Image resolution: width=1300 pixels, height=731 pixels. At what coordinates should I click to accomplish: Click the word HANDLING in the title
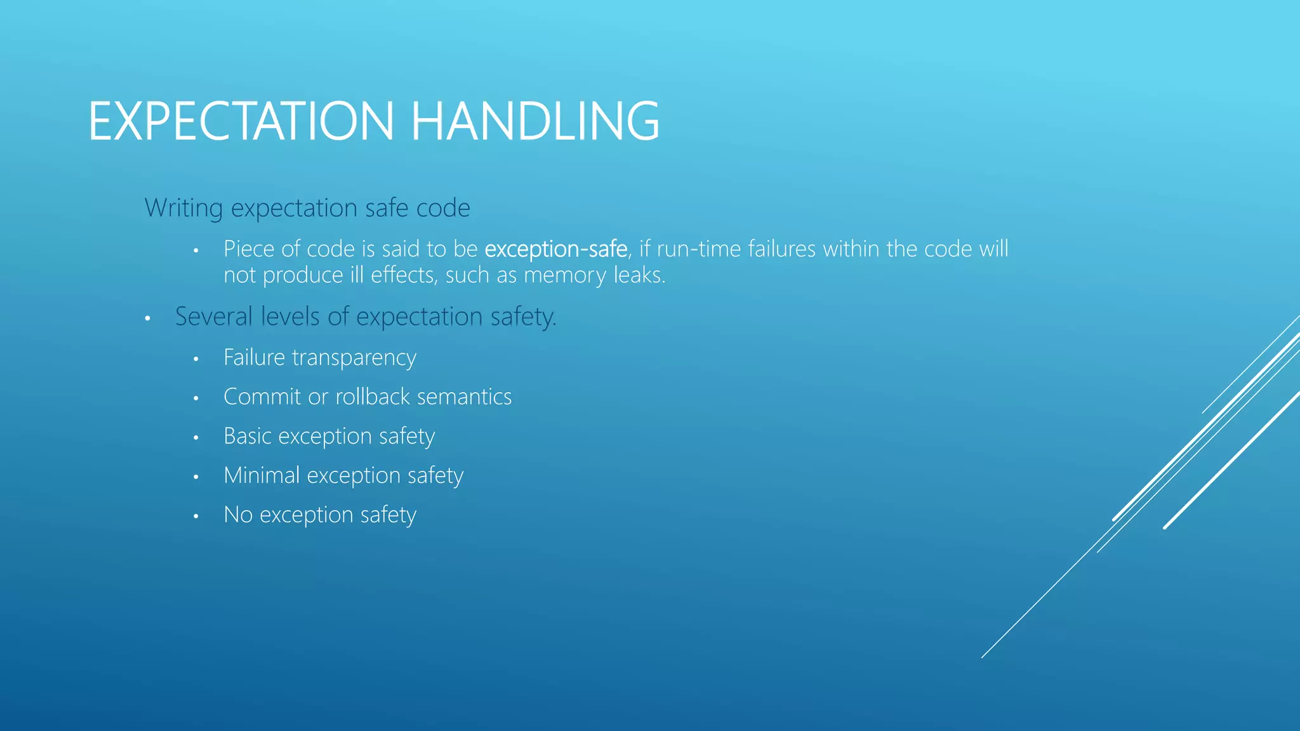[535, 121]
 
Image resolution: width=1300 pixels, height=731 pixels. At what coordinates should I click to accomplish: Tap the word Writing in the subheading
[184, 208]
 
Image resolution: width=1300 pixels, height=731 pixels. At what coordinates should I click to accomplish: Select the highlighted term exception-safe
[555, 249]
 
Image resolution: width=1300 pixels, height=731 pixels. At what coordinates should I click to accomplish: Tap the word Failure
[254, 358]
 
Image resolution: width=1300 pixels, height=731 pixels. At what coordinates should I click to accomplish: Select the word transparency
[354, 359]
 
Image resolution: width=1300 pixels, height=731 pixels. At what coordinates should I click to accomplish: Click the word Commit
[262, 397]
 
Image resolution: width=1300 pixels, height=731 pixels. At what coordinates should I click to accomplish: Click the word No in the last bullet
[238, 515]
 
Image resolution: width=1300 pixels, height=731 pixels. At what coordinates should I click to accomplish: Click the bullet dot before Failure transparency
[196, 360]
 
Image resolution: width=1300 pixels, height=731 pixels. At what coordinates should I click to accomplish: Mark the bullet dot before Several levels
[147, 319]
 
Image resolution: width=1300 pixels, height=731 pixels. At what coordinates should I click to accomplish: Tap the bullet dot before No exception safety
[196, 517]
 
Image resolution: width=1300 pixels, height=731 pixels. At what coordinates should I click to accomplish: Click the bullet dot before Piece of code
[196, 251]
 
